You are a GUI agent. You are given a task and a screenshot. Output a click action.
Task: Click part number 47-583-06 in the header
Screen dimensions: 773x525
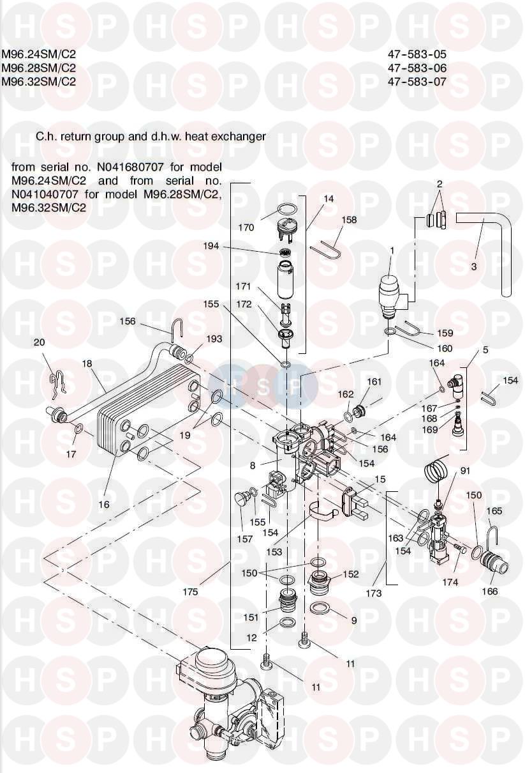coord(417,68)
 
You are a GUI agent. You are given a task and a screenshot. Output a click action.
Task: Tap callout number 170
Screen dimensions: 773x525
coord(246,227)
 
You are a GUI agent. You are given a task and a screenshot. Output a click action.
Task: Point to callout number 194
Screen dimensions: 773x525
coord(246,246)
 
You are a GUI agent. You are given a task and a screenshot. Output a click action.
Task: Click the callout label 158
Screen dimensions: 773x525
coord(349,220)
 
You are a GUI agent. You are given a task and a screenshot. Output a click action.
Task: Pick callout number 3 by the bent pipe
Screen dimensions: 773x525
coord(474,267)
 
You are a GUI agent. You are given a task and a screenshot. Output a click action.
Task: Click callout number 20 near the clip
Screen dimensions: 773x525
coord(39,342)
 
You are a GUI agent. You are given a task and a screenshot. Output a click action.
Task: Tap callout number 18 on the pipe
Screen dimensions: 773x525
coord(87,364)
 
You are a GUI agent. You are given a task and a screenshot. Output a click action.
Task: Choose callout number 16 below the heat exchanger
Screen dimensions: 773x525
coord(104,504)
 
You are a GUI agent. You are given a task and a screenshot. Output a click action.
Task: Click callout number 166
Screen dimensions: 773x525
coord(489,592)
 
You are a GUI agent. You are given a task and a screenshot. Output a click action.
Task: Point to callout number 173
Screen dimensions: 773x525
coord(374,593)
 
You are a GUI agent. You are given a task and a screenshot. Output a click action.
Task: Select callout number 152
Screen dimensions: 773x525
coord(351,574)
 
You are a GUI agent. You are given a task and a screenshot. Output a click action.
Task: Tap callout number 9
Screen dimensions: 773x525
coord(353,620)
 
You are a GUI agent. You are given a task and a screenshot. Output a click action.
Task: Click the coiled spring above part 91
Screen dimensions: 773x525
coord(436,473)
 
